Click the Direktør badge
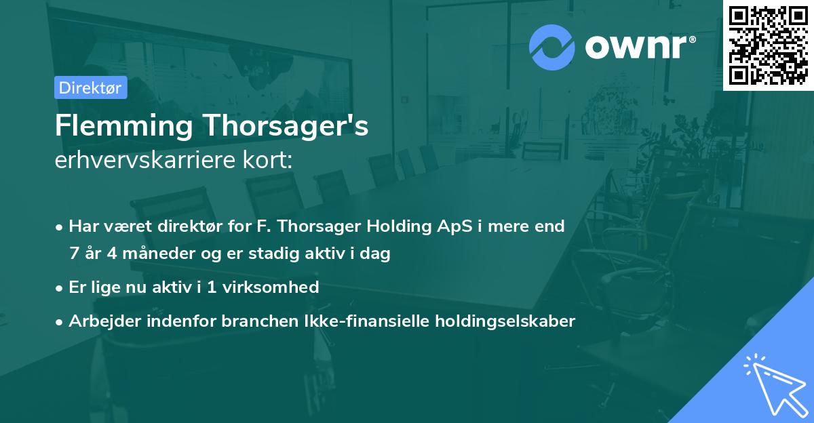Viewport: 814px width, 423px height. [90, 87]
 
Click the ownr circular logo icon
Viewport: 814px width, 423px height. [552, 47]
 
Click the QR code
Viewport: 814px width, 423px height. [768, 45]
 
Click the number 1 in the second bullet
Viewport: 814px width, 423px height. [212, 287]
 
